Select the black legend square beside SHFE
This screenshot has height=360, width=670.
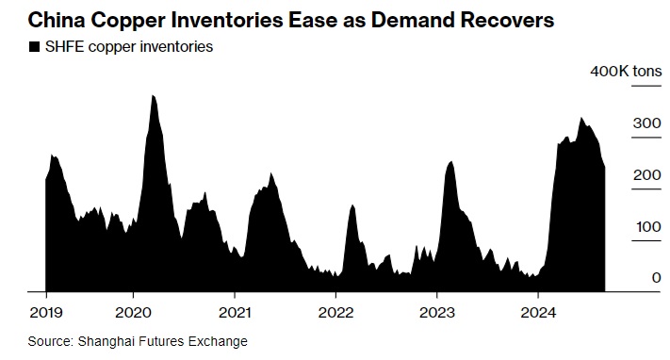[34, 46]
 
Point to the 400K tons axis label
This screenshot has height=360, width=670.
[626, 71]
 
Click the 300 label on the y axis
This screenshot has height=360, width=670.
[647, 123]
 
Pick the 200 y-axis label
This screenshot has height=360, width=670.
[647, 175]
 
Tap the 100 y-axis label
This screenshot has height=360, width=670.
[648, 226]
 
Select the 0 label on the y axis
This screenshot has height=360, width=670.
[657, 278]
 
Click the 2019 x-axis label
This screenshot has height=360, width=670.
[46, 313]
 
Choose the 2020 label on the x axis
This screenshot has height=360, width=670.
[133, 313]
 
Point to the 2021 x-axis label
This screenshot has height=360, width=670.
[235, 313]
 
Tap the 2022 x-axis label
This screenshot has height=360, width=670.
[335, 313]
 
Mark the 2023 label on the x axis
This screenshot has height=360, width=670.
[436, 313]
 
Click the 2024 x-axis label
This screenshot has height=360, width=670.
[538, 313]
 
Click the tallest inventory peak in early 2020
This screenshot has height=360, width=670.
[153, 95]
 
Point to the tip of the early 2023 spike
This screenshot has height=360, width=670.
[450, 161]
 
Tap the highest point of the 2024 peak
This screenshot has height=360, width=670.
[580, 118]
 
